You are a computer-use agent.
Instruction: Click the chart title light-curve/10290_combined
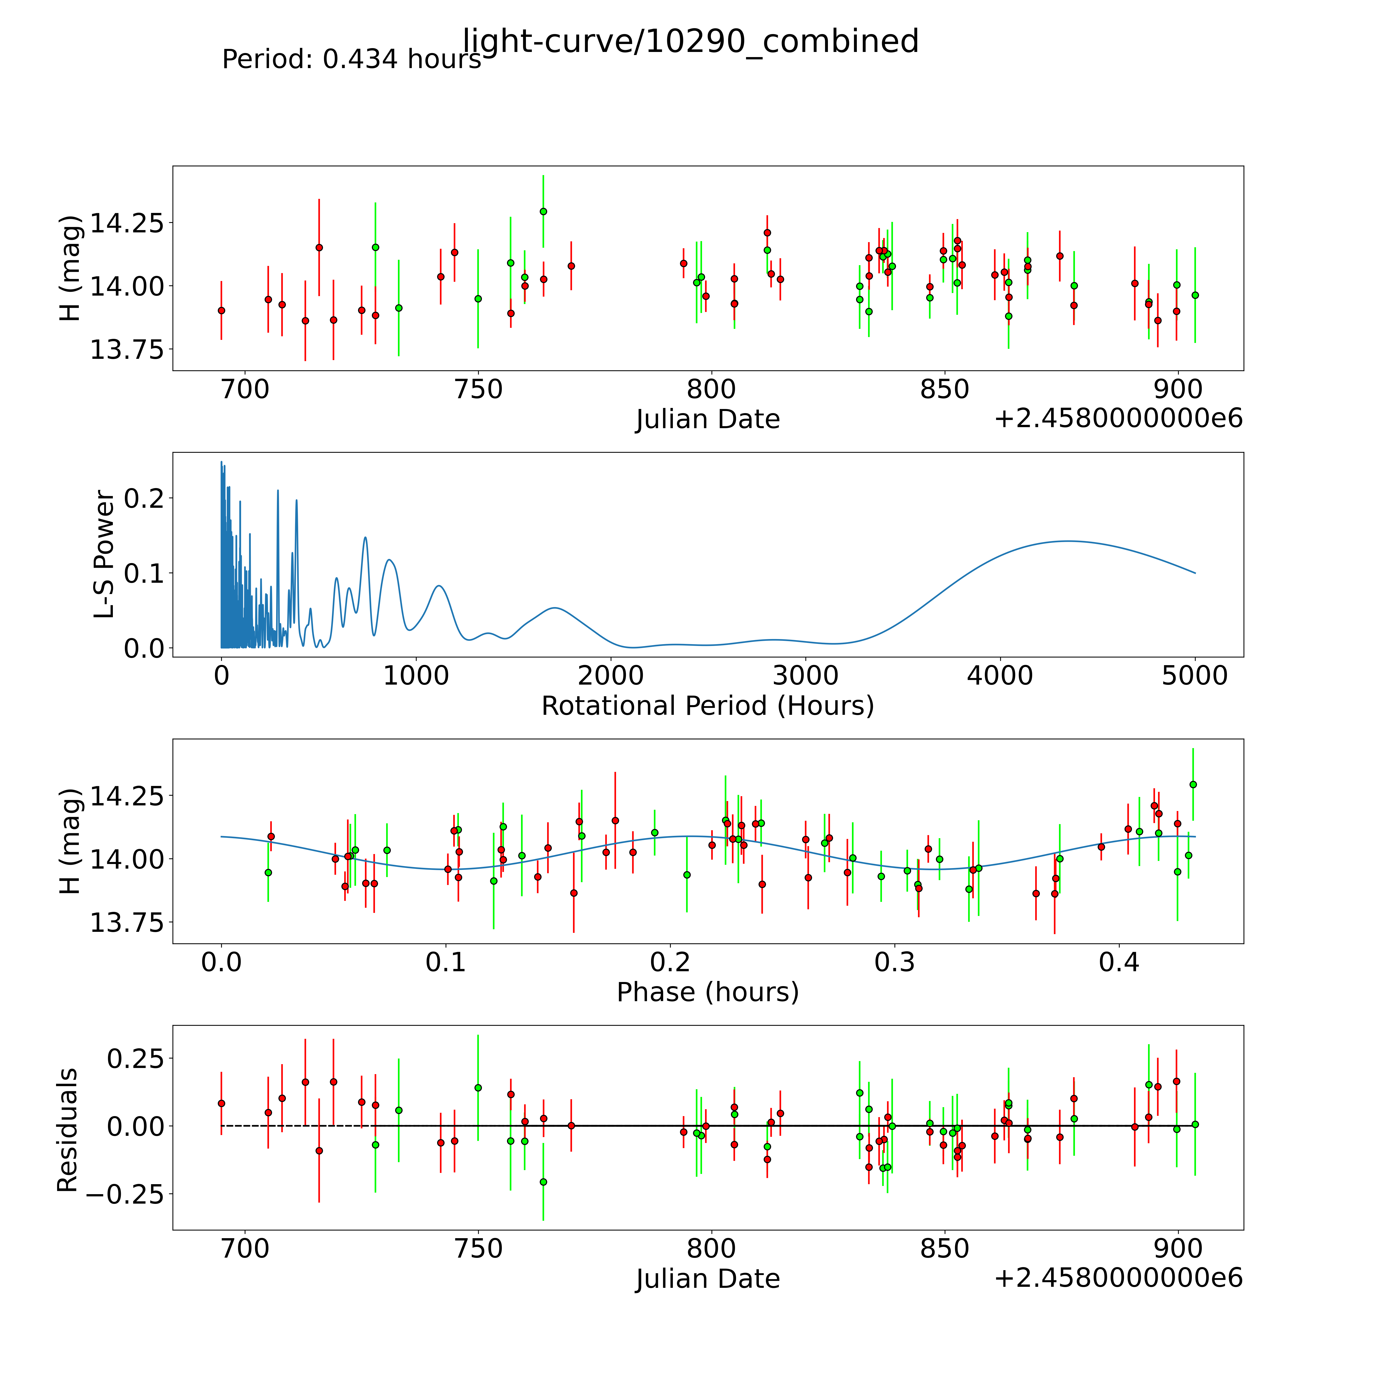(690, 41)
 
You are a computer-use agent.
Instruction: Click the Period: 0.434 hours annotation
(351, 59)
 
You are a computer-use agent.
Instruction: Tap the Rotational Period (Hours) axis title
(707, 706)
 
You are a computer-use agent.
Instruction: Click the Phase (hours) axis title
(707, 992)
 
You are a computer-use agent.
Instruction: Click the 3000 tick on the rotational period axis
(805, 675)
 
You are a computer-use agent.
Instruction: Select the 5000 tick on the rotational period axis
(1195, 675)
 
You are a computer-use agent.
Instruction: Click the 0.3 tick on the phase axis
(895, 962)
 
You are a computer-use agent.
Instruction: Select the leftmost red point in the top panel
(221, 310)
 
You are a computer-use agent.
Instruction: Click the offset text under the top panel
(1118, 418)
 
